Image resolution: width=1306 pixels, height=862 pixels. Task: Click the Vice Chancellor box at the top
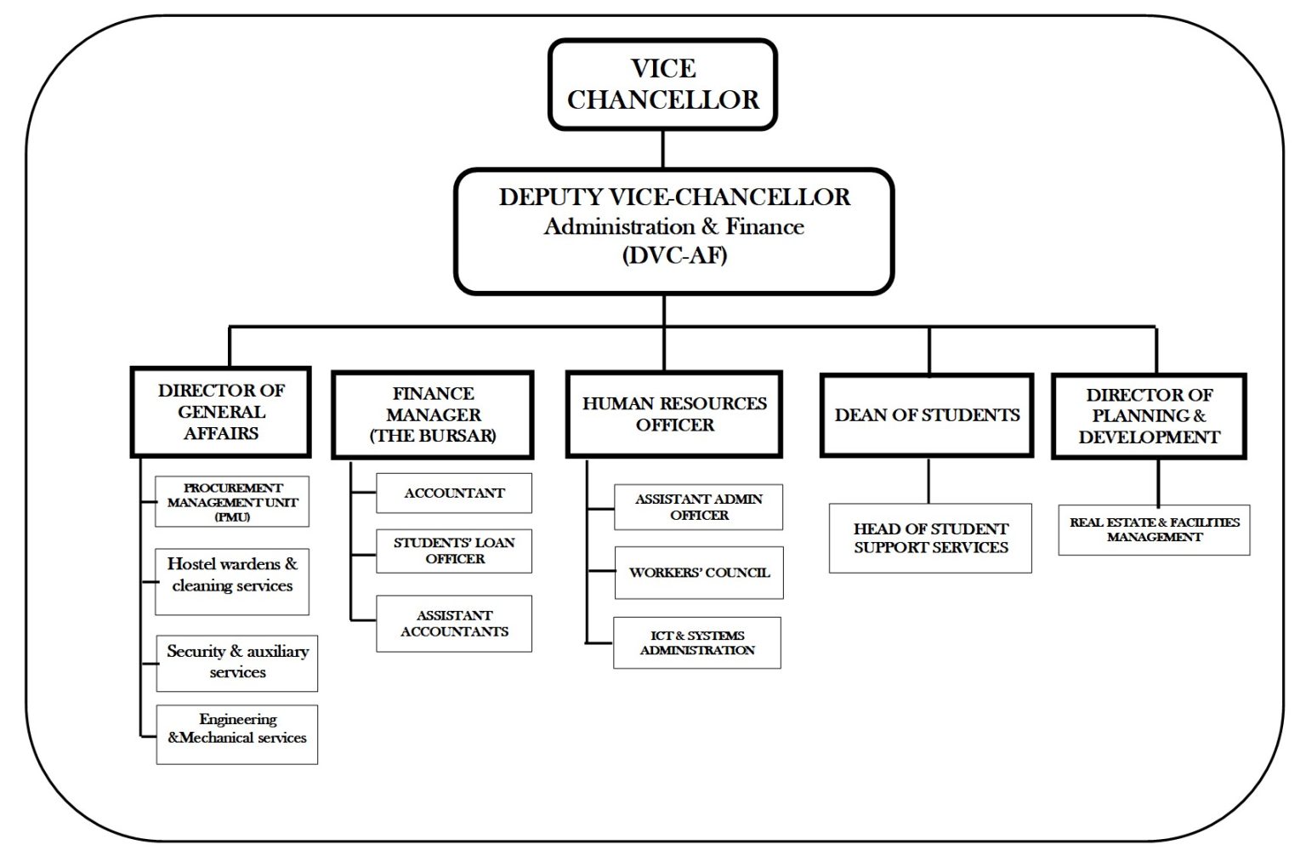click(662, 84)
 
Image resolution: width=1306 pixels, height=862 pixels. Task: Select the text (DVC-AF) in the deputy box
click(674, 255)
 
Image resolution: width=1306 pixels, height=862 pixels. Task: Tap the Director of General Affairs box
click(221, 412)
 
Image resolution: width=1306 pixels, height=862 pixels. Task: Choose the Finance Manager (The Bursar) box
click(433, 415)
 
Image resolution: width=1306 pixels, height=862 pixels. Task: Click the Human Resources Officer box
click(674, 414)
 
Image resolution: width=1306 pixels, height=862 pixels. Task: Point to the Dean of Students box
click(927, 415)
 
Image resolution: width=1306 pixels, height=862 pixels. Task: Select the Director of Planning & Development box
click(1149, 416)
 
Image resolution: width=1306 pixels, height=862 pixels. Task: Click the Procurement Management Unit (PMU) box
click(232, 502)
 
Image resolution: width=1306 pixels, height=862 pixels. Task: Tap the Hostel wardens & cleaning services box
click(232, 581)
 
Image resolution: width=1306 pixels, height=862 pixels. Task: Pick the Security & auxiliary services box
click(237, 662)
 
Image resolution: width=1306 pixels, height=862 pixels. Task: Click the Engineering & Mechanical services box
click(237, 734)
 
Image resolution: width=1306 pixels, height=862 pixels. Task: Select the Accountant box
click(454, 494)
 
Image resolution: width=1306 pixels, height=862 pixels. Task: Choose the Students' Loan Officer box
click(454, 551)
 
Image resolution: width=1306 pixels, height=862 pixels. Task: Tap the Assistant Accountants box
click(454, 624)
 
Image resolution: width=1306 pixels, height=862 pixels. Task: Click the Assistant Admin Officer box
click(698, 507)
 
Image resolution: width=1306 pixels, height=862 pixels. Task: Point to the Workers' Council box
click(699, 573)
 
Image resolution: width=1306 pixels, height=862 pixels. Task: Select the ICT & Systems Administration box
click(697, 642)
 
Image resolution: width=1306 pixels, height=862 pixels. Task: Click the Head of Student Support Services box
click(930, 538)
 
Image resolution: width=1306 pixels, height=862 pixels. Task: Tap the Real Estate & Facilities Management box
click(1154, 529)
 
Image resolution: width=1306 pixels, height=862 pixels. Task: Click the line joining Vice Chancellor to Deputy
click(662, 149)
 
